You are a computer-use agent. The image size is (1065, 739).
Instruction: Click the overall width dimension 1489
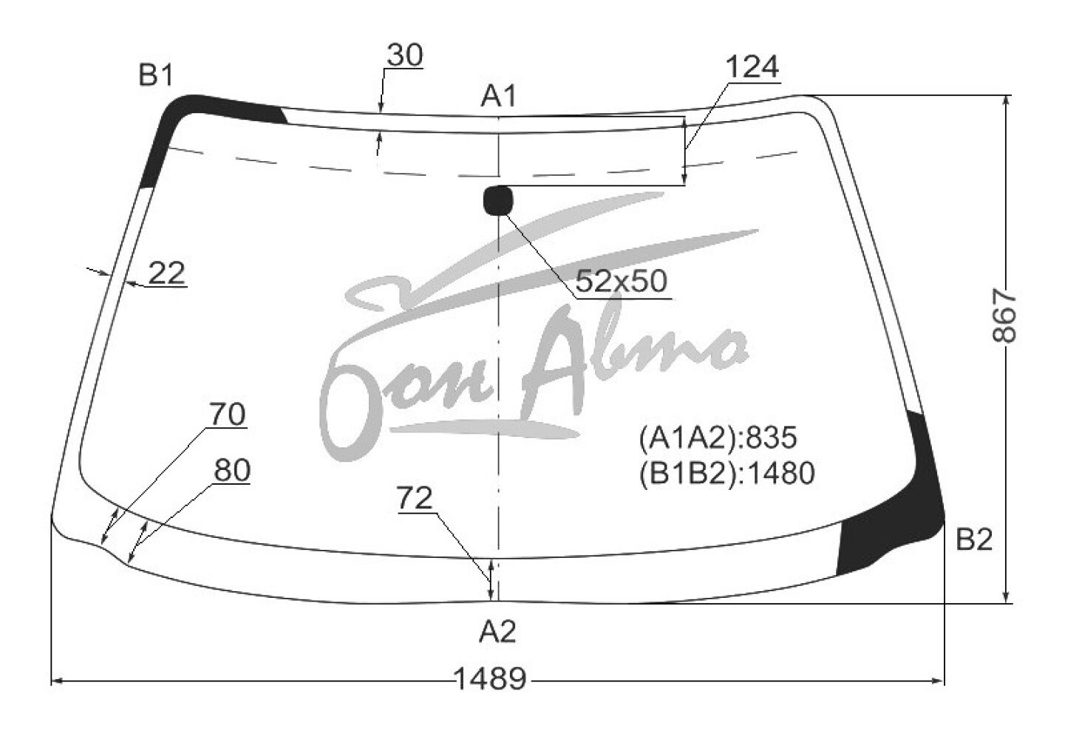(491, 678)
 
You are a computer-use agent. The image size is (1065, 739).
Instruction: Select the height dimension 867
(1004, 317)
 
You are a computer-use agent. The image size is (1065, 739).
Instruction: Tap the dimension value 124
(752, 67)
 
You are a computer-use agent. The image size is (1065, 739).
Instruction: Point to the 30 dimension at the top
(404, 55)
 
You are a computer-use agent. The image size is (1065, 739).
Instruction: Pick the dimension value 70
(228, 414)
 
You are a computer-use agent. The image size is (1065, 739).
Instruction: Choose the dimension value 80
(232, 470)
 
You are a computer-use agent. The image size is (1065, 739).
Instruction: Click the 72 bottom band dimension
(415, 498)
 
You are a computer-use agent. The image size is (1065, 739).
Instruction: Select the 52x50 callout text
(622, 281)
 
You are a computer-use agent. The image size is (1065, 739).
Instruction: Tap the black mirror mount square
(498, 201)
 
